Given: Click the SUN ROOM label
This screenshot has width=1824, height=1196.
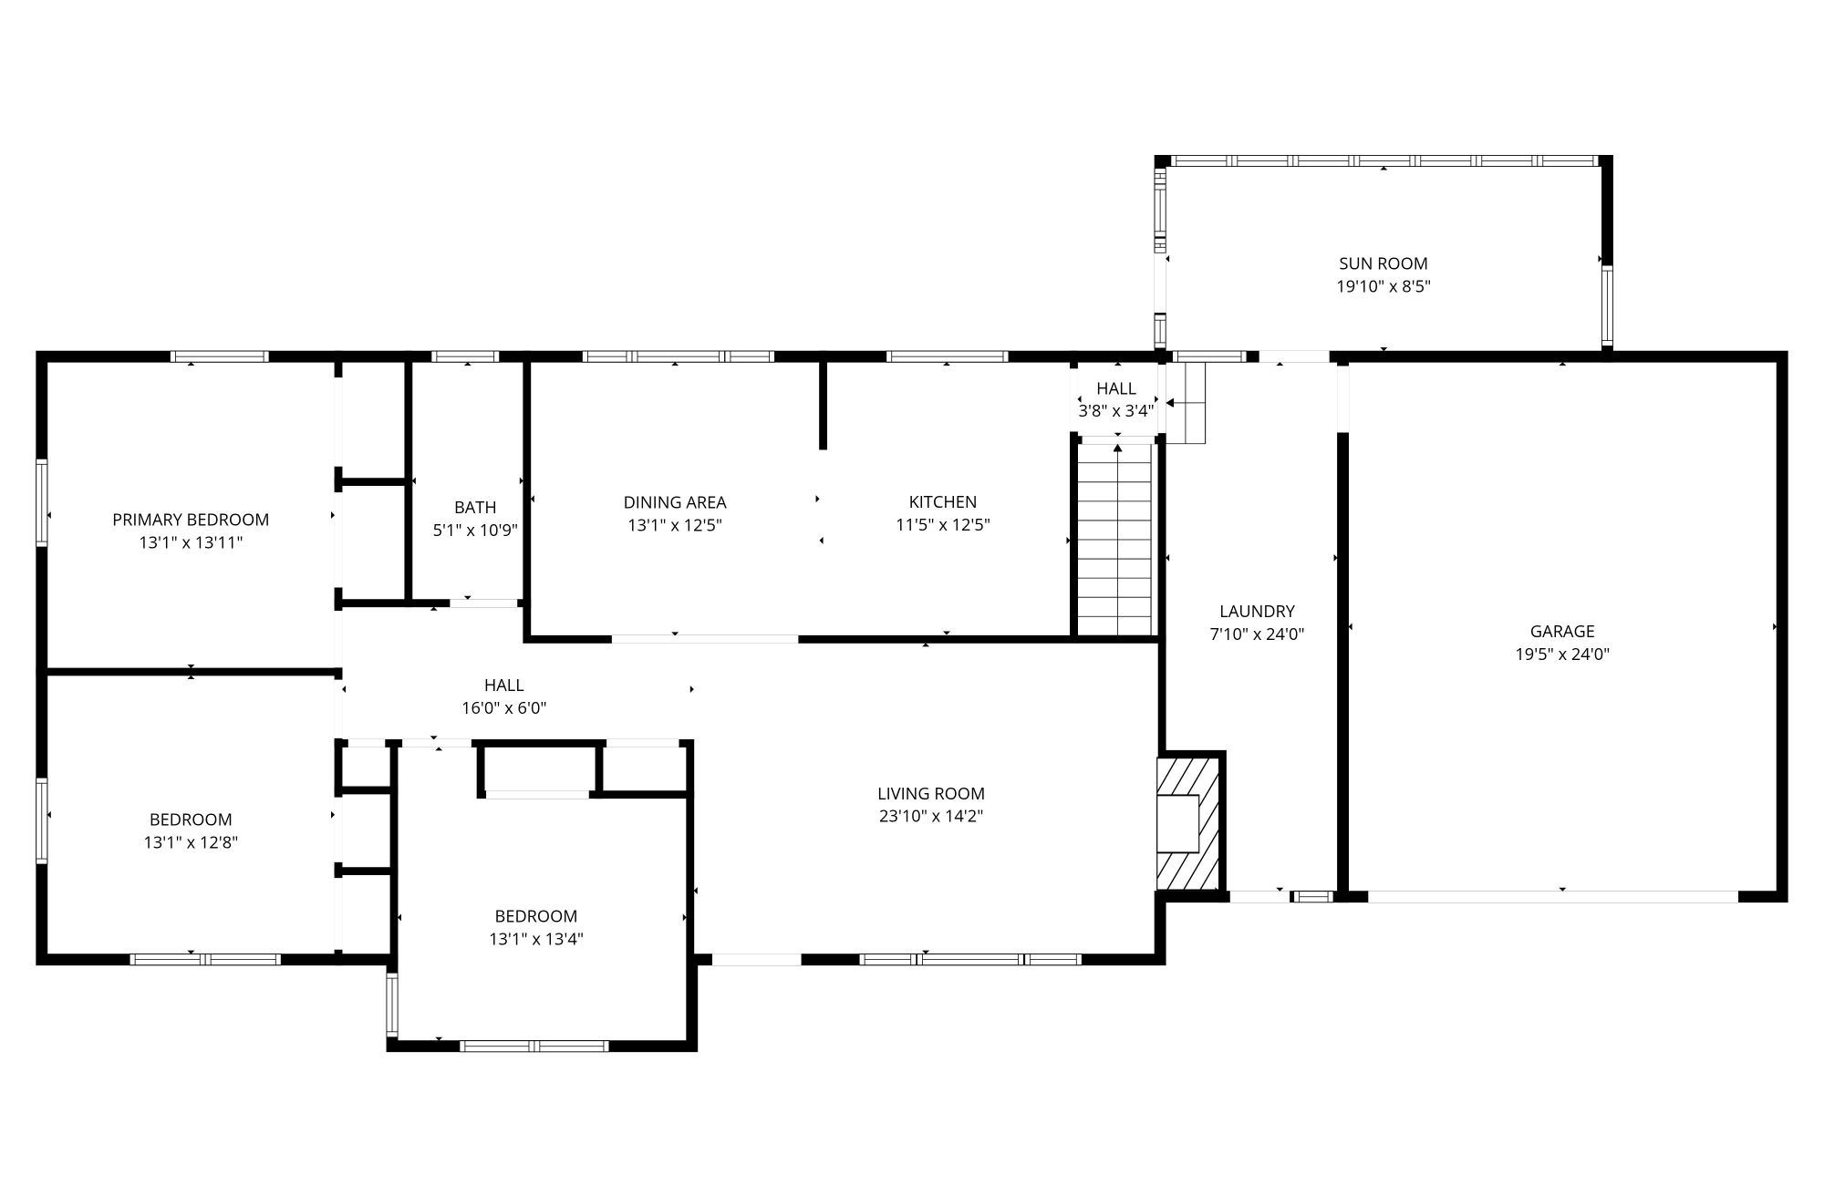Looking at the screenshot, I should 1383,263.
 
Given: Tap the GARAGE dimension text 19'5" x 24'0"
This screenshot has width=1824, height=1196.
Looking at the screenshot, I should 1562,654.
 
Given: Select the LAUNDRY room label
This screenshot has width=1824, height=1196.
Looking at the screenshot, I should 1257,611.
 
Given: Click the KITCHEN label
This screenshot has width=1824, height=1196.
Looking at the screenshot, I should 942,501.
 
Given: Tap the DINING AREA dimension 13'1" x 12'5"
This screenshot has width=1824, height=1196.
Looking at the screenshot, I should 675,525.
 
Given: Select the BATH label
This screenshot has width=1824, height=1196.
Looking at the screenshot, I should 475,507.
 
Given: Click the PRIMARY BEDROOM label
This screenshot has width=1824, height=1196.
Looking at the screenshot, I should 191,520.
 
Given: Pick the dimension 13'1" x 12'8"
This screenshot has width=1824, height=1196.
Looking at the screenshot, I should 191,842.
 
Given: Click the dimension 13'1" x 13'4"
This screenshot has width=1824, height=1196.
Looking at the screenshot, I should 535,939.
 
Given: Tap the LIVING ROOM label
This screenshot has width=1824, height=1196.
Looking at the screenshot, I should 930,793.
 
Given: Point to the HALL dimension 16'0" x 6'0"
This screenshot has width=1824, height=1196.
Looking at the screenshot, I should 503,707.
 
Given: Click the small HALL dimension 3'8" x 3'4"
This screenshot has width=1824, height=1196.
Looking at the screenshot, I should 1116,411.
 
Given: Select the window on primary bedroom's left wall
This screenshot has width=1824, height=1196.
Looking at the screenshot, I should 42,502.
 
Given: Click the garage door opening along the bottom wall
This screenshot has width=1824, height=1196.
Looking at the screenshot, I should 1552,897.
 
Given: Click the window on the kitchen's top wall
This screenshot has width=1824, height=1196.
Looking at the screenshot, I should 947,356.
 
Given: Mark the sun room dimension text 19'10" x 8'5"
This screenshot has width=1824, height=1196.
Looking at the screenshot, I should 1383,286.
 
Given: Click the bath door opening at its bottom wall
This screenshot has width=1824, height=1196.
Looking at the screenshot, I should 483,603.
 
